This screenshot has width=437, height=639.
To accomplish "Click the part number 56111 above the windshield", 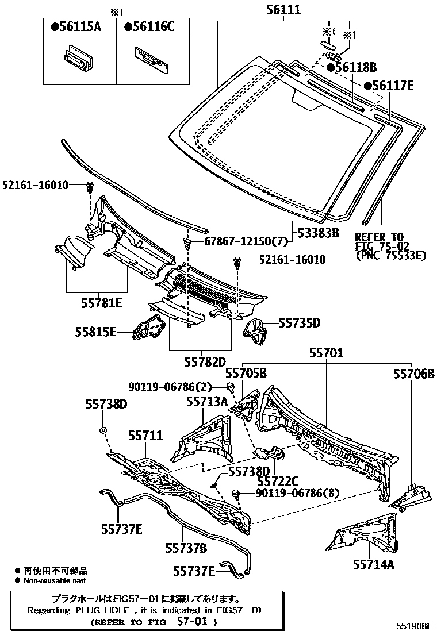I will tap(283, 9).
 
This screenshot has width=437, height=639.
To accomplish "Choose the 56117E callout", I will tap(388, 86).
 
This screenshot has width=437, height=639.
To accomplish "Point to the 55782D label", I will tap(205, 362).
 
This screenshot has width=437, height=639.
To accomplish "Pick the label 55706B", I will tap(413, 374).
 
